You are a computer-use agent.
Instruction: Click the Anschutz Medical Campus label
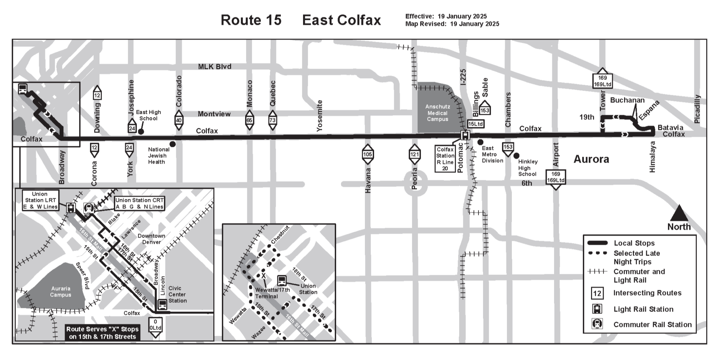pos(437,113)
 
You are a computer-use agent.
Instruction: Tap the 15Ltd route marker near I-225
pos(475,124)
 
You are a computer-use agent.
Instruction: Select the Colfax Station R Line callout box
pos(445,159)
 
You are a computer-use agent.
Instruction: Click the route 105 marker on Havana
pos(367,154)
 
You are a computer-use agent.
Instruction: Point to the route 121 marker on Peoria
pos(415,154)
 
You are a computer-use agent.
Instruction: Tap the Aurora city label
pos(591,159)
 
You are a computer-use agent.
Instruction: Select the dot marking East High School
pos(141,131)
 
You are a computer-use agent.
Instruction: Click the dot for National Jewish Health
pos(173,144)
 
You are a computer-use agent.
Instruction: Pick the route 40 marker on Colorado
pos(179,120)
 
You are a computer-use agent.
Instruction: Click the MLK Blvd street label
pos(214,66)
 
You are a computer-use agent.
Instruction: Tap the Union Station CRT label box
pos(140,204)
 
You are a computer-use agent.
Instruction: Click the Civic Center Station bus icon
pos(162,304)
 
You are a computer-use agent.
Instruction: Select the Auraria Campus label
pos(60,291)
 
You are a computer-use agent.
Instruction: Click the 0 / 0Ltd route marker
pos(155,325)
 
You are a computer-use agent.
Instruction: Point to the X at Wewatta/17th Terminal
pos(263,276)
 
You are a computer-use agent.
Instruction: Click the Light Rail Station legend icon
pos(597,309)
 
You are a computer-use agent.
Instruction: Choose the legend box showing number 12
pos(597,293)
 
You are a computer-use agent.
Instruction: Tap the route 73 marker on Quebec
pos(272,120)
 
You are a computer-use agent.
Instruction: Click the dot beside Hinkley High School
pos(516,155)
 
